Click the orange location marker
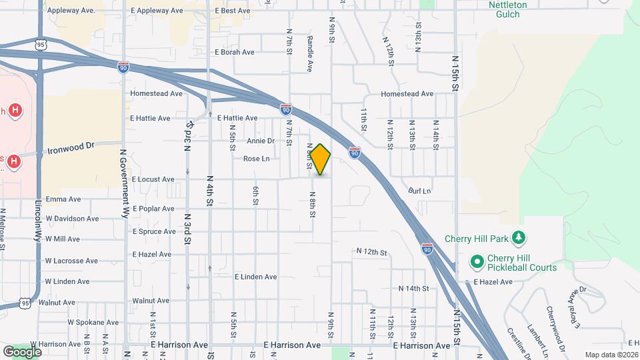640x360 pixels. (x=321, y=160)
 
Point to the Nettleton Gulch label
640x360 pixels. (x=507, y=9)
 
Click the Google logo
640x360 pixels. (x=23, y=351)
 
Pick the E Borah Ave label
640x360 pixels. (x=234, y=52)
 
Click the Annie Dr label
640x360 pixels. (x=261, y=141)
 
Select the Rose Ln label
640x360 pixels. (x=256, y=159)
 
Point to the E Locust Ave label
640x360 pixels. (x=153, y=179)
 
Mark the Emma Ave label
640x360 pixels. (x=63, y=199)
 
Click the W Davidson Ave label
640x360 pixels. (x=71, y=218)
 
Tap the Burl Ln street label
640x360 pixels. (x=420, y=191)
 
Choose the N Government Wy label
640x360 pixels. (x=124, y=183)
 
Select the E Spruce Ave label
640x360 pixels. (x=154, y=231)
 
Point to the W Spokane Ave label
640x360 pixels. (x=92, y=321)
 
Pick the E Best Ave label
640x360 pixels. (x=233, y=11)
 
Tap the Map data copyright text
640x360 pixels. (x=611, y=354)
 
